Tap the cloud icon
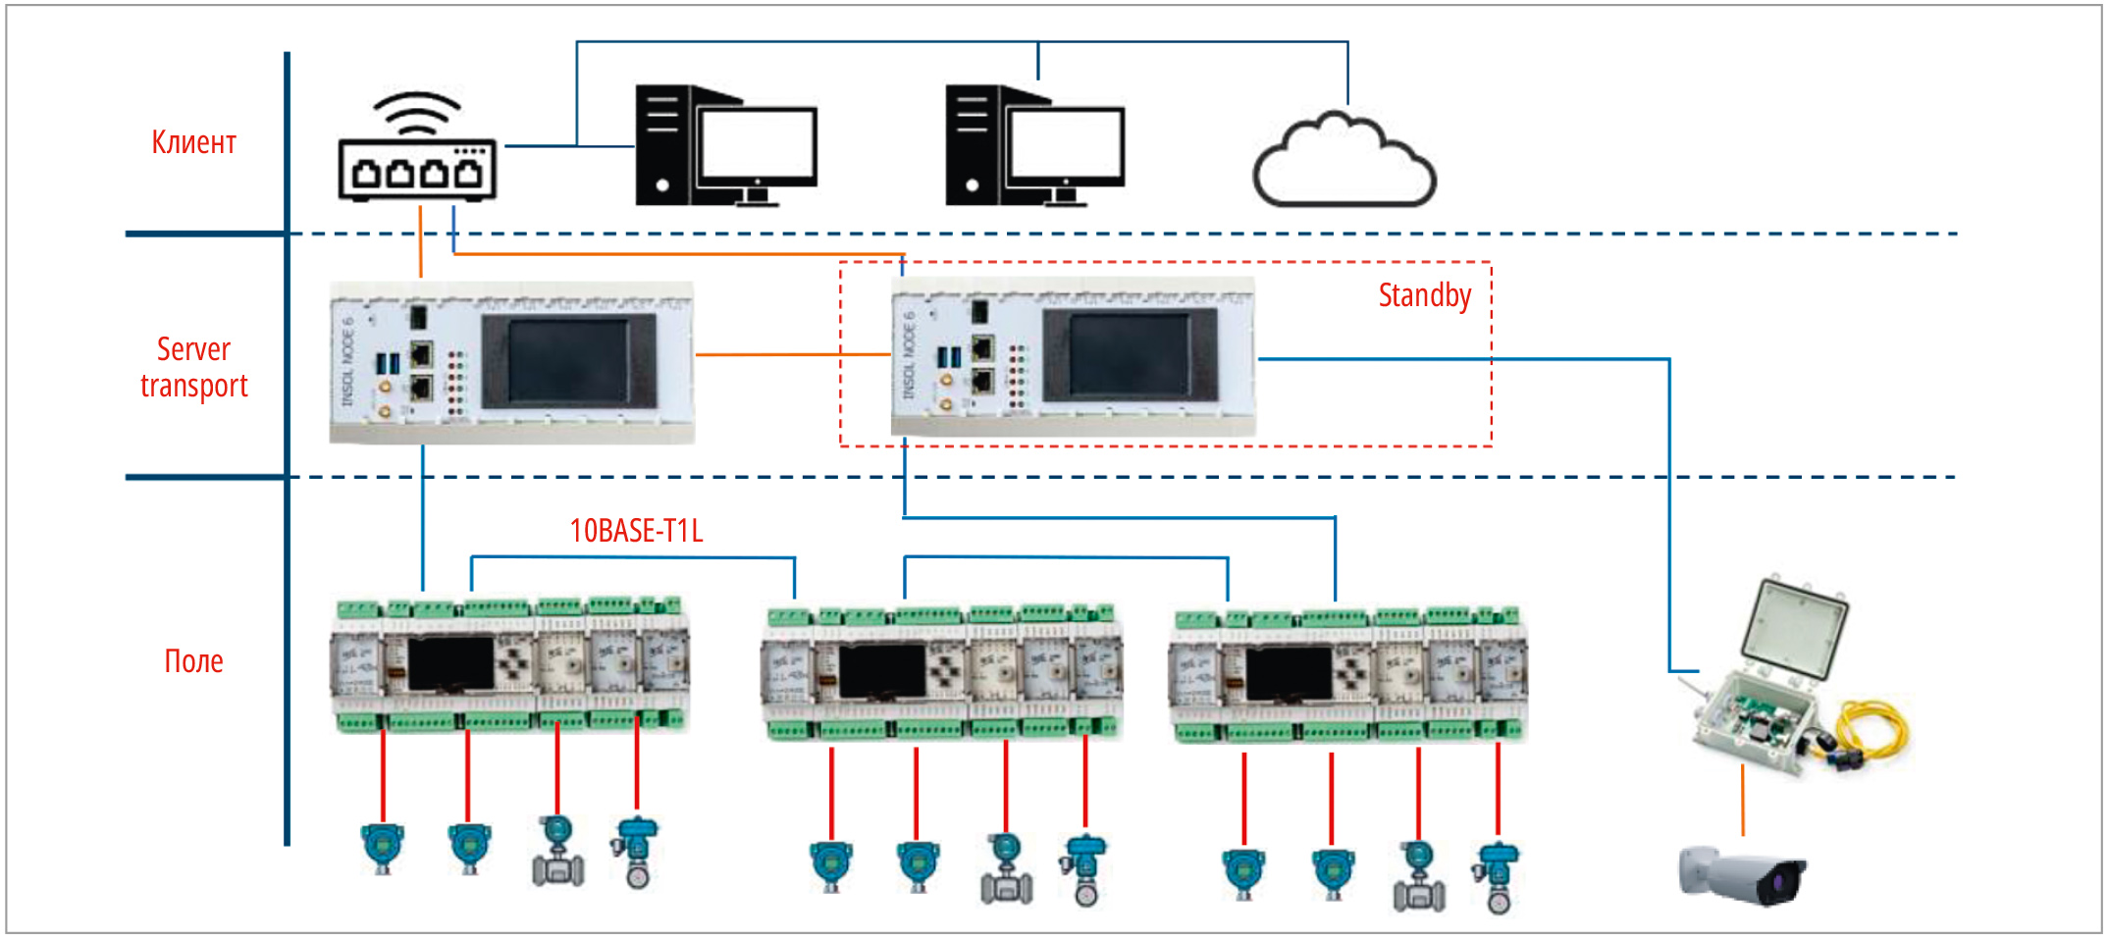click(x=1344, y=163)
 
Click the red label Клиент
click(x=193, y=143)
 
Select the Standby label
click(x=1424, y=295)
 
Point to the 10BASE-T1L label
click(x=636, y=531)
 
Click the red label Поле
click(x=193, y=661)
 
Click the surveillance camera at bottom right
click(x=1741, y=873)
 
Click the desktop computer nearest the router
click(x=725, y=147)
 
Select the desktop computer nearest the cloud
click(x=1034, y=147)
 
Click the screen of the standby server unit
click(x=1129, y=354)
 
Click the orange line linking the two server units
click(x=792, y=354)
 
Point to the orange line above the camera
click(x=1743, y=800)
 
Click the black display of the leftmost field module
click(x=450, y=664)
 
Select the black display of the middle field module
click(x=881, y=671)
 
